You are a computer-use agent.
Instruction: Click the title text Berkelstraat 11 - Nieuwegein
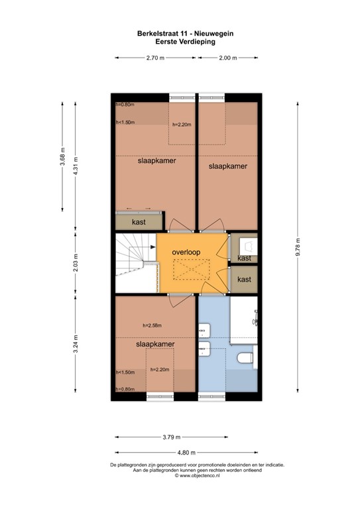pyautogui.click(x=180, y=32)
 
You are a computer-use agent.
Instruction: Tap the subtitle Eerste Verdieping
pyautogui.click(x=180, y=40)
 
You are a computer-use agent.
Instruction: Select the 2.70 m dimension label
pyautogui.click(x=156, y=58)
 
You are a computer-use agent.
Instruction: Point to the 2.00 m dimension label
pyautogui.click(x=227, y=58)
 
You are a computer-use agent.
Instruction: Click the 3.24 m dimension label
pyautogui.click(x=76, y=348)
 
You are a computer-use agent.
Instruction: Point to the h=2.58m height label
pyautogui.click(x=152, y=325)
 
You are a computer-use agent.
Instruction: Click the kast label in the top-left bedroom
pyautogui.click(x=139, y=222)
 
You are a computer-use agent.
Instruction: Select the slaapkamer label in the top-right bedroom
pyautogui.click(x=227, y=166)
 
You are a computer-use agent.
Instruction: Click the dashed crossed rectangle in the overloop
pyautogui.click(x=188, y=270)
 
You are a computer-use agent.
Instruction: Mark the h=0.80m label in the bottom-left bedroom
pyautogui.click(x=125, y=390)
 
